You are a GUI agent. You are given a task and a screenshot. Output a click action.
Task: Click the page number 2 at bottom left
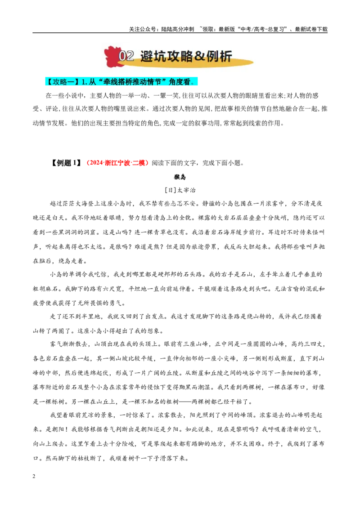[x=34, y=476]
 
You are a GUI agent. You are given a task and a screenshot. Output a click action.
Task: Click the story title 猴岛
[x=180, y=177]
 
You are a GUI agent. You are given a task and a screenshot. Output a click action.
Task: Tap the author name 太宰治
[x=186, y=190]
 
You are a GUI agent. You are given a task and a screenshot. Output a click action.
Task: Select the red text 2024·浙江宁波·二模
[x=117, y=163]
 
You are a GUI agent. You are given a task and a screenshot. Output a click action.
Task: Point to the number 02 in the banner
[x=126, y=56]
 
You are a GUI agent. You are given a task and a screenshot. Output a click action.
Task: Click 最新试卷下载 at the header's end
[x=311, y=29]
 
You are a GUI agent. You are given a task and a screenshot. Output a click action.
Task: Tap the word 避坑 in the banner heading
[x=153, y=56]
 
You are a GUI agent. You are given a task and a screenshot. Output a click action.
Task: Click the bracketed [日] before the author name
[x=171, y=190]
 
